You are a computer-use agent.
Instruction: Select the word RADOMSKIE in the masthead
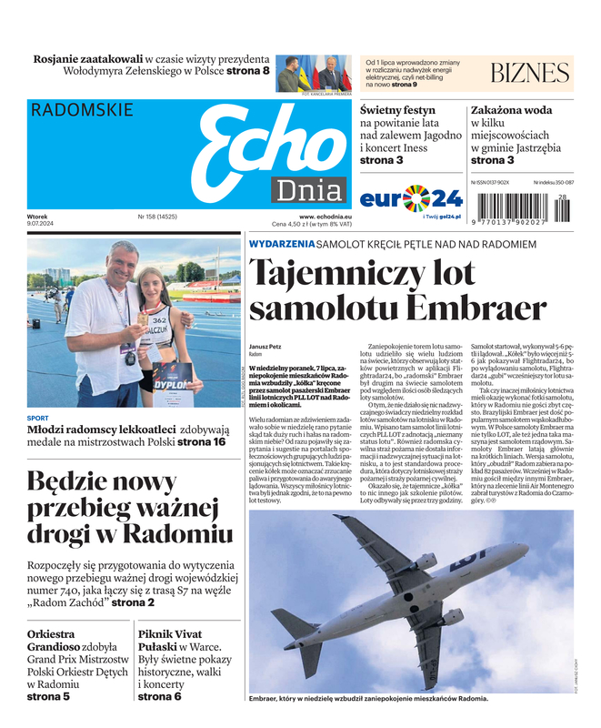pyautogui.click(x=82, y=111)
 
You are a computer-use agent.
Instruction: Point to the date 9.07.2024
pyautogui.click(x=42, y=224)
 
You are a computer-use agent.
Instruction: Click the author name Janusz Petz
pyautogui.click(x=265, y=347)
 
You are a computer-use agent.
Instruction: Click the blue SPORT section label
pyautogui.click(x=38, y=419)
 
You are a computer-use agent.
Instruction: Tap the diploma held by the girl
pyautogui.click(x=173, y=381)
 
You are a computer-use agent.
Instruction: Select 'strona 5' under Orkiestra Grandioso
pyautogui.click(x=48, y=696)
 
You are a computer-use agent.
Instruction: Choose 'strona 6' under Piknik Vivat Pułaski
pyautogui.click(x=160, y=696)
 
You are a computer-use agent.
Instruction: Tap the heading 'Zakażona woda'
pyautogui.click(x=511, y=110)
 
